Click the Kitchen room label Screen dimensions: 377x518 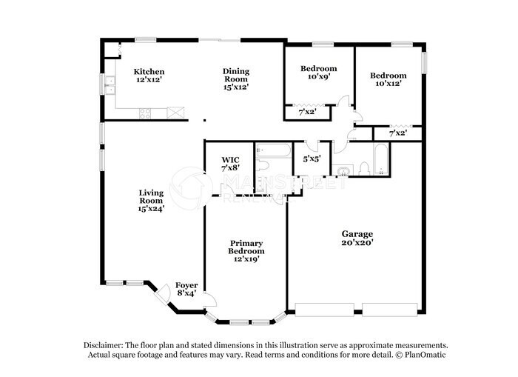pyautogui.click(x=149, y=72)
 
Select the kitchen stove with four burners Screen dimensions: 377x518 pyautogui.click(x=146, y=113)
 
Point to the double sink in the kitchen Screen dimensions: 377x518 pyautogui.click(x=110, y=87)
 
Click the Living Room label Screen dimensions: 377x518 pyautogui.click(x=151, y=194)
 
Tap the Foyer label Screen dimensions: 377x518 pyautogui.click(x=186, y=285)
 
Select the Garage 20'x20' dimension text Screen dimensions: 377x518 pyautogui.click(x=357, y=242)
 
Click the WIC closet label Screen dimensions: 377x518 pyautogui.click(x=229, y=160)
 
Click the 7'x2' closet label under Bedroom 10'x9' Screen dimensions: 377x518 pyautogui.click(x=307, y=112)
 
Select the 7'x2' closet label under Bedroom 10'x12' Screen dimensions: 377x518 pyautogui.click(x=397, y=133)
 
